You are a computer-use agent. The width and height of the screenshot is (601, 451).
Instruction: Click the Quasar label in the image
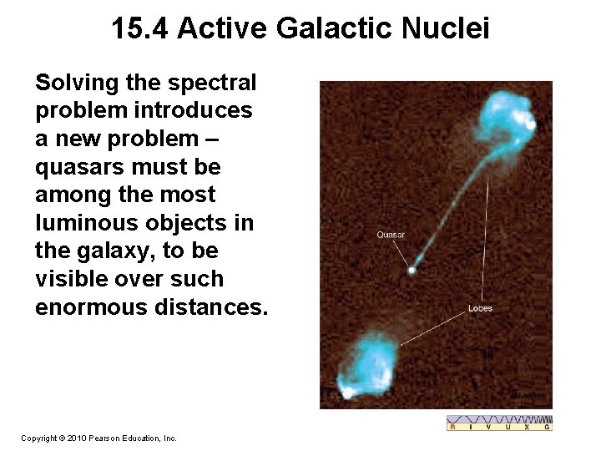pyautogui.click(x=391, y=235)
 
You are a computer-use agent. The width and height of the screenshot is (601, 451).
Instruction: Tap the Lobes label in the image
pyautogui.click(x=480, y=308)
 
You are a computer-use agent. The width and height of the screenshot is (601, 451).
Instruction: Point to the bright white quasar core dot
pyautogui.click(x=411, y=270)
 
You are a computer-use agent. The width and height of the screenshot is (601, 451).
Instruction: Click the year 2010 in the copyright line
pyautogui.click(x=74, y=438)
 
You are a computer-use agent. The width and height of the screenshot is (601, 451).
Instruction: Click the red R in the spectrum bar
pyautogui.click(x=452, y=427)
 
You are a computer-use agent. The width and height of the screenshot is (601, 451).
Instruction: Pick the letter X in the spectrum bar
pyautogui.click(x=528, y=427)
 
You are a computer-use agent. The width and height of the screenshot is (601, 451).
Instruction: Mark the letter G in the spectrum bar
pyautogui.click(x=547, y=427)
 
